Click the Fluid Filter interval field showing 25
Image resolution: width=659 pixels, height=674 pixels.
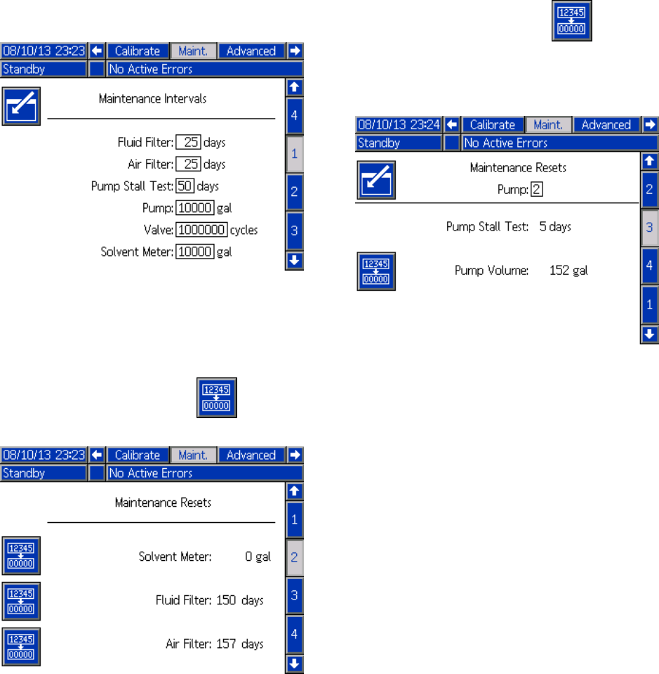189,143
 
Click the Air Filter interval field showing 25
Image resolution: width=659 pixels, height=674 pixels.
189,164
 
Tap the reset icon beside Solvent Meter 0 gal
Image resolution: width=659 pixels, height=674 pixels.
21,555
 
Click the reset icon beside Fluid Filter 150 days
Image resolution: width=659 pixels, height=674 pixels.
21,600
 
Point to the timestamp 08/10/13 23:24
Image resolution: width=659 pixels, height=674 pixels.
399,124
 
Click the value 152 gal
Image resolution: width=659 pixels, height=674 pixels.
568,271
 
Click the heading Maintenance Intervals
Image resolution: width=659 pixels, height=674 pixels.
153,99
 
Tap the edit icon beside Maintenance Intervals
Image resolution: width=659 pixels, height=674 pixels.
21,106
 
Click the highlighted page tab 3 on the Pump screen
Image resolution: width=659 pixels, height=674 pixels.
649,227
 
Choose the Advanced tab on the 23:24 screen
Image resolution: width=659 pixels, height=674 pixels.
606,124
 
